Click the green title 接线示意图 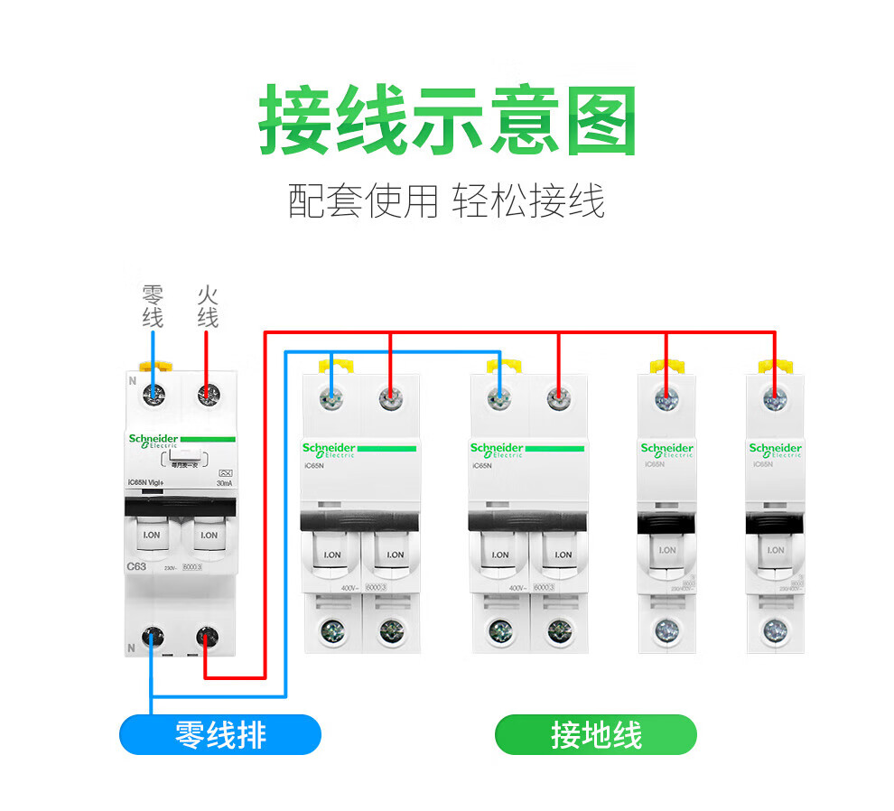(447, 121)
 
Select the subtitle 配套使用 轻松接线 (446, 200)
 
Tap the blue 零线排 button (220, 734)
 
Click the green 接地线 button (596, 734)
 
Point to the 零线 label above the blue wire (153, 307)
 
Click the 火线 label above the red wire (208, 307)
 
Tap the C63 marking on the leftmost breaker (136, 566)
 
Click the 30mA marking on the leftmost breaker (223, 483)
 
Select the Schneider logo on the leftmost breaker (154, 440)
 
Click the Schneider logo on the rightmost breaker (775, 449)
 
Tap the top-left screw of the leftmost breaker (154, 393)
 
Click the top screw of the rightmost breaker (774, 397)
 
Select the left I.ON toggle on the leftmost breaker (152, 536)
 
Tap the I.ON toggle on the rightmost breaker (775, 550)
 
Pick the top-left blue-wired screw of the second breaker (333, 396)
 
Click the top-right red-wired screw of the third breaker (559, 396)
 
